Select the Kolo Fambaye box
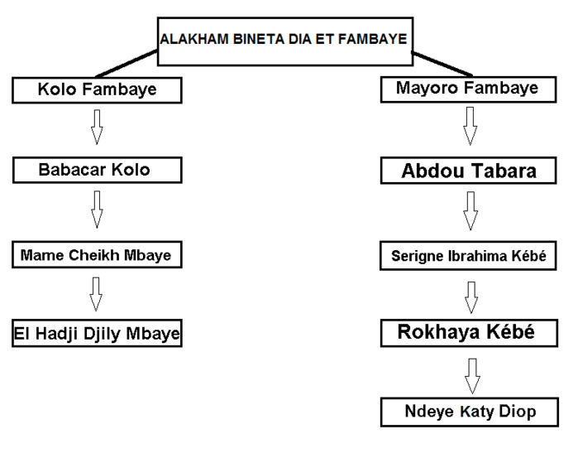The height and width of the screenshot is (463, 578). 98,89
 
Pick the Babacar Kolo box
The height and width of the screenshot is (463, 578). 97,170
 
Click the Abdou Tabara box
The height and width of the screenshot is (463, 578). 469,171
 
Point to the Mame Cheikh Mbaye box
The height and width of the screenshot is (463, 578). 97,254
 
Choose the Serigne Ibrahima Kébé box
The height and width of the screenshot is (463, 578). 469,256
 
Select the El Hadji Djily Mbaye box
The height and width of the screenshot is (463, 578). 97,334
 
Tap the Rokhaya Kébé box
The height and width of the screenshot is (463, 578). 469,333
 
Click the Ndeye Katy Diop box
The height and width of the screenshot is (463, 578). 469,411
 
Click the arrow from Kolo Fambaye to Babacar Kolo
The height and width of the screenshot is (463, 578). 97,127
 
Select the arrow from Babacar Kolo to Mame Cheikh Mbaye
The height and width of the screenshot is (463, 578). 97,210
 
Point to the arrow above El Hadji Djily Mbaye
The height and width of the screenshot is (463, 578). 97,294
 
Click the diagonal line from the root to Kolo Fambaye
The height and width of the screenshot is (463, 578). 124,64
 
